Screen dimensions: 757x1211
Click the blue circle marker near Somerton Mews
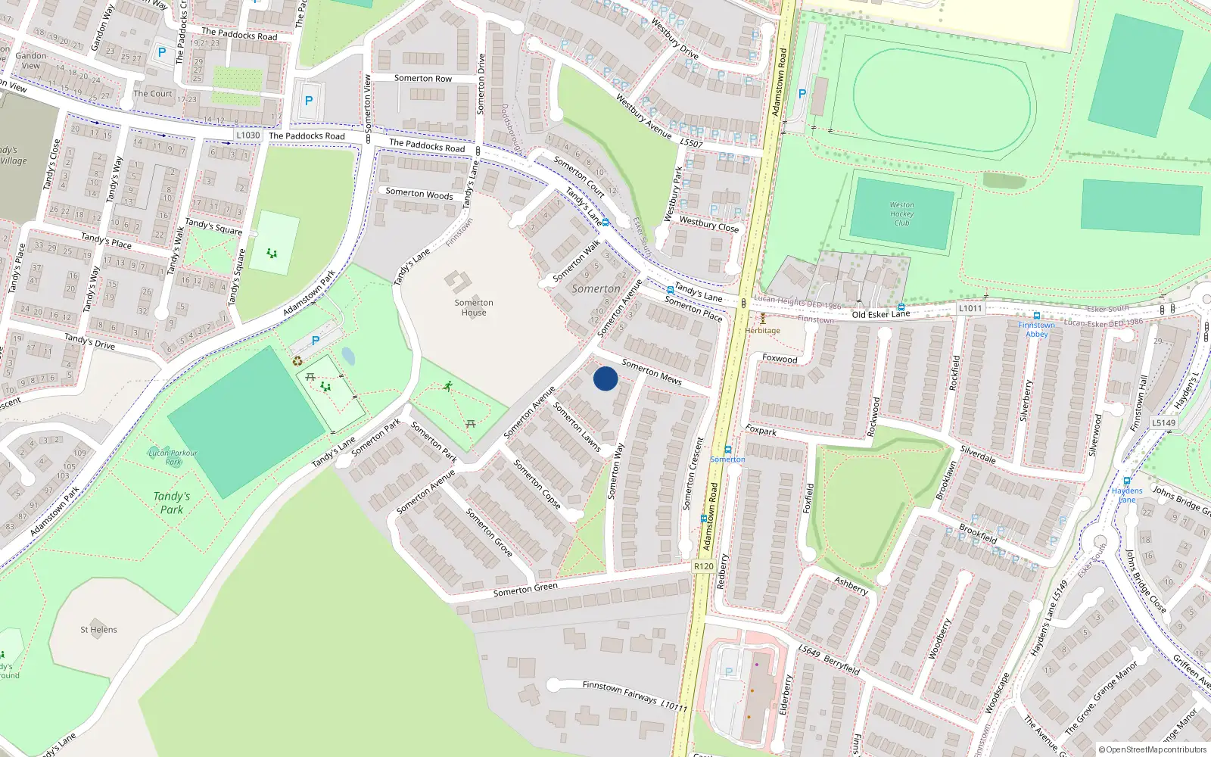605,378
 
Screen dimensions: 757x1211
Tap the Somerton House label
474,307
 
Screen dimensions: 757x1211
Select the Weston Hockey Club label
901,213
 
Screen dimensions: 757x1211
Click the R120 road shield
704,566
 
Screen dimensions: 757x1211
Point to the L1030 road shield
247,136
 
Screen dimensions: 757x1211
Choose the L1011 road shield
970,308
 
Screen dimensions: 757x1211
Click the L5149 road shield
1163,423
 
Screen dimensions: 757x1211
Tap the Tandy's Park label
172,503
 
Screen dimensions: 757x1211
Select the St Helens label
99,629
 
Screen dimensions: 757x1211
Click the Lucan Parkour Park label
173,457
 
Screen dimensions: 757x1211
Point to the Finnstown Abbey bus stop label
1037,329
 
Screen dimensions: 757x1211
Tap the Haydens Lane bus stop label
1127,494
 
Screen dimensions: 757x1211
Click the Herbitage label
762,330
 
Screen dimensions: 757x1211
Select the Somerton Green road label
525,588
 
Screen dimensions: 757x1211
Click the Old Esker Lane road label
881,313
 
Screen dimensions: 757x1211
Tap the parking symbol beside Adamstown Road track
802,94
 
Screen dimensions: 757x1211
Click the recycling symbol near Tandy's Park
297,361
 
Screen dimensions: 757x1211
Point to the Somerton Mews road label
652,372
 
